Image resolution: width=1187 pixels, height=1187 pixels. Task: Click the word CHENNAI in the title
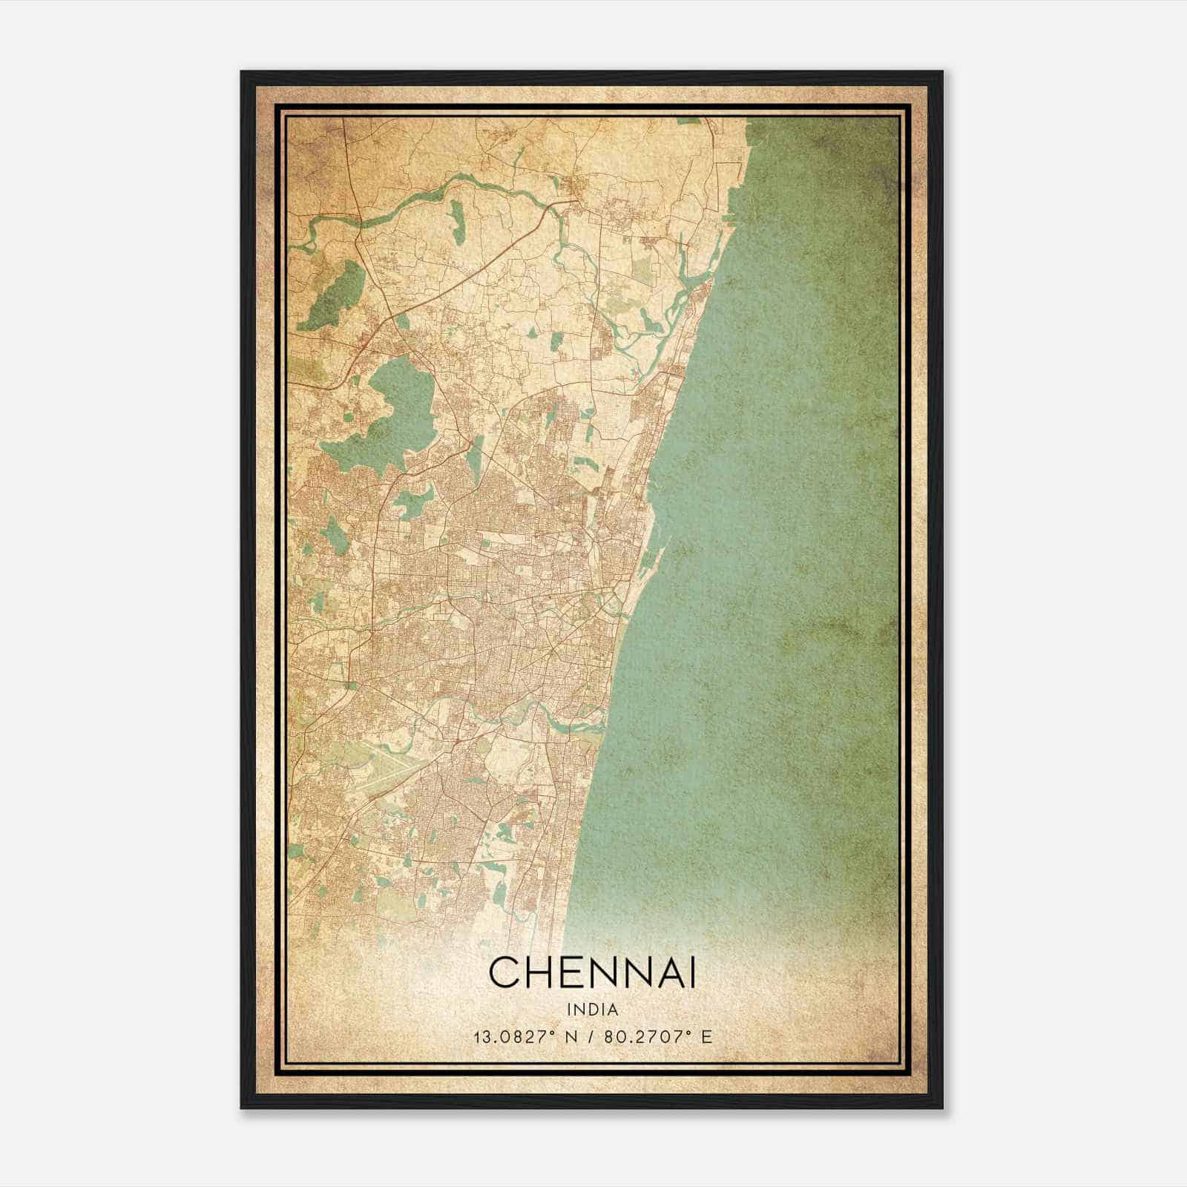pyautogui.click(x=593, y=972)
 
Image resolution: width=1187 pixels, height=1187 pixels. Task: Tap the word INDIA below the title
pyautogui.click(x=593, y=1010)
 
